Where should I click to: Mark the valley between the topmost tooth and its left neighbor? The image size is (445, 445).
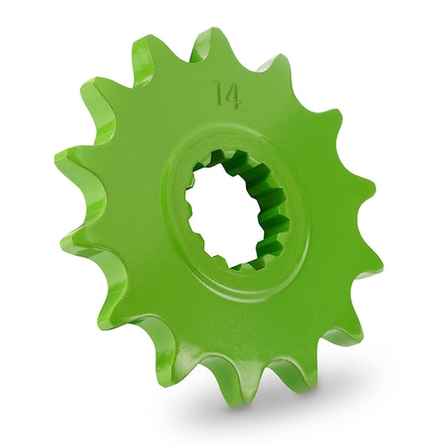(179, 65)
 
